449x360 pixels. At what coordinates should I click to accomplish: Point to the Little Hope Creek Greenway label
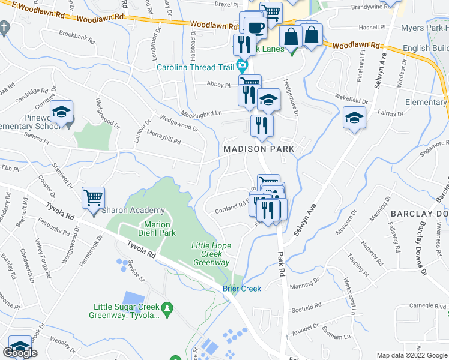pyautogui.click(x=211, y=254)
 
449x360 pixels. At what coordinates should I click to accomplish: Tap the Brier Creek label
pyautogui.click(x=242, y=289)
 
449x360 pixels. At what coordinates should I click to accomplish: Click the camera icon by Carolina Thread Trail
pyautogui.click(x=242, y=64)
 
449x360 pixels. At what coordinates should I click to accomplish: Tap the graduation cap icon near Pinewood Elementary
pyautogui.click(x=61, y=112)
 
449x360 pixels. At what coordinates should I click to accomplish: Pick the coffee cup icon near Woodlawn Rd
pyautogui.click(x=254, y=26)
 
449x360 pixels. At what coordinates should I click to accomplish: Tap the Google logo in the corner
pyautogui.click(x=20, y=353)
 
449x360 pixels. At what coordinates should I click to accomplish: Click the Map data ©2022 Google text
pyautogui.click(x=411, y=355)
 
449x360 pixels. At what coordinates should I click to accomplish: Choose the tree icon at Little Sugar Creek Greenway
pyautogui.click(x=168, y=308)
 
